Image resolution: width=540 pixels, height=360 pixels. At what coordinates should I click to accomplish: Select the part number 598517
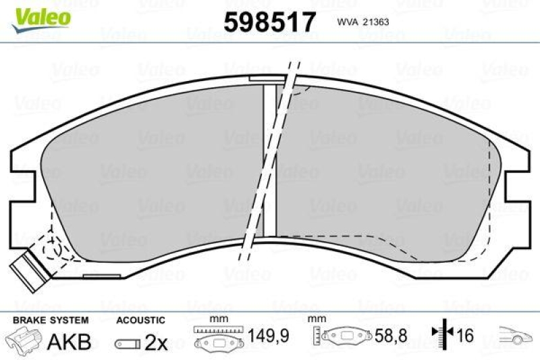coord(269,22)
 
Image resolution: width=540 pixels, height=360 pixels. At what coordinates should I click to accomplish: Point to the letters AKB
coord(69,342)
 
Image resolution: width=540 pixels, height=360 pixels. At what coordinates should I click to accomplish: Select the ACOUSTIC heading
coord(140,319)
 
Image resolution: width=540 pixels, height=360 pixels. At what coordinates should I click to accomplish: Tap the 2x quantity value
coord(156,342)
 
